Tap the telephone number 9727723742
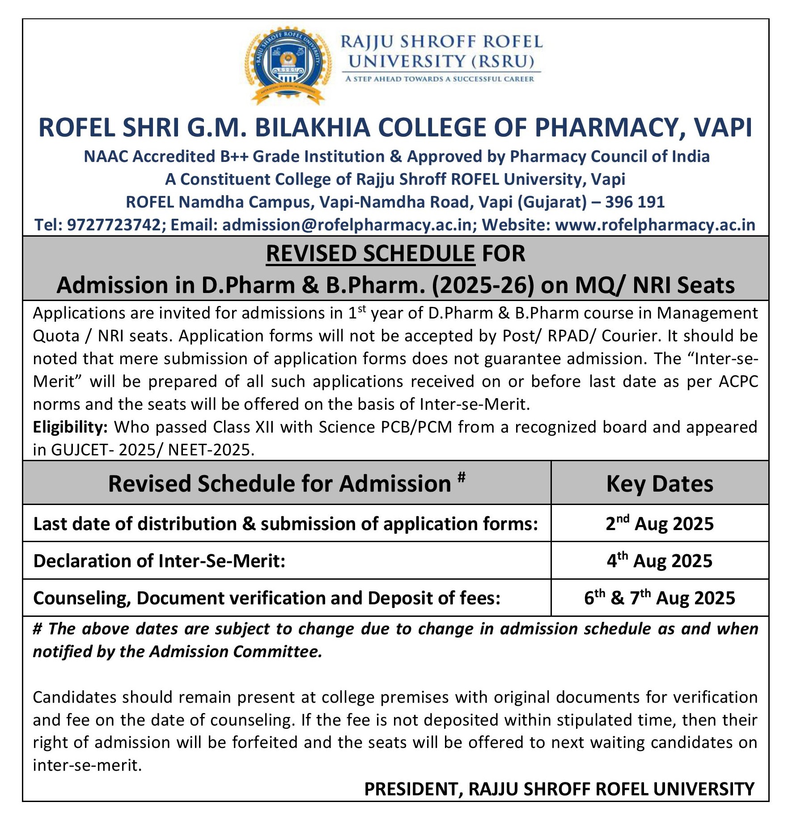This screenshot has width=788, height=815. (x=114, y=225)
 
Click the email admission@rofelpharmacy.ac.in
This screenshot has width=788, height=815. (x=347, y=225)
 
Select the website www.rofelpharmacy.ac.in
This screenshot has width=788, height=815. (x=655, y=225)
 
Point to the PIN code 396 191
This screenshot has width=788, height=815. (x=635, y=202)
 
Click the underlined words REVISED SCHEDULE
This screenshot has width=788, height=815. (x=370, y=254)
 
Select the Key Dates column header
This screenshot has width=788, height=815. (x=660, y=484)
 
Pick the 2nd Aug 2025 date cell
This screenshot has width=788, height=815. (x=660, y=523)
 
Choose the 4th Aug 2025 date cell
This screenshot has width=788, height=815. (x=660, y=561)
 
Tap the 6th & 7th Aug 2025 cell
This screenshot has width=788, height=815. (x=660, y=598)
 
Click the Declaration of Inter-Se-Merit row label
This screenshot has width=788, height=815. (x=159, y=561)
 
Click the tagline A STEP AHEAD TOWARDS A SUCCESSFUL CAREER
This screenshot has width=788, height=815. (x=440, y=79)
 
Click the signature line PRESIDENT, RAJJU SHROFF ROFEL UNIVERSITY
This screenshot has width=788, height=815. (x=559, y=789)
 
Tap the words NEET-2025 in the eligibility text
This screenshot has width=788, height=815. (x=211, y=450)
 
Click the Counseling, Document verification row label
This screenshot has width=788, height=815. (x=267, y=598)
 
